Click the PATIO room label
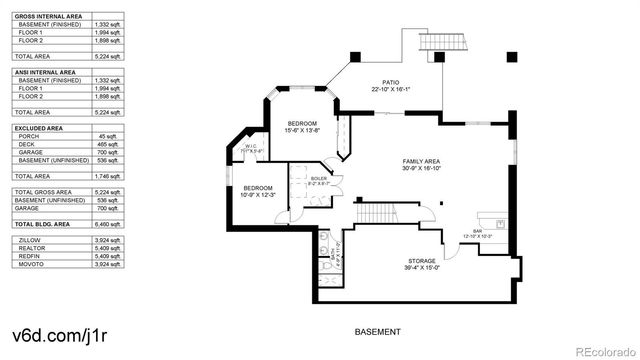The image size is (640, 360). [x=390, y=84]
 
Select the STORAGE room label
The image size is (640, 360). [x=393, y=263]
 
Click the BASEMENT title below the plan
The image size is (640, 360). [x=378, y=332]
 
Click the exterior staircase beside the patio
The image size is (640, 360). [x=441, y=43]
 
